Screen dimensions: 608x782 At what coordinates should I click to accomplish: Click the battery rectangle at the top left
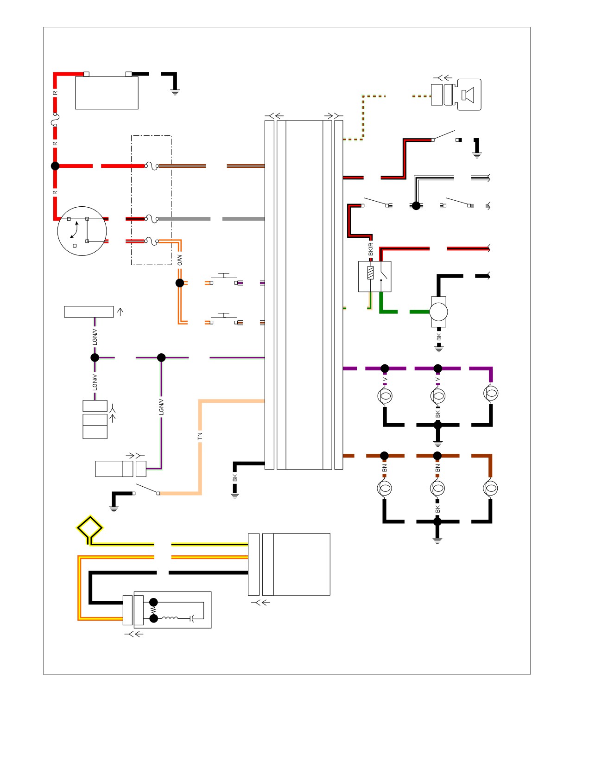pos(107,93)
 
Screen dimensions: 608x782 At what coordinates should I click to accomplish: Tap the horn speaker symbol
pos(468,95)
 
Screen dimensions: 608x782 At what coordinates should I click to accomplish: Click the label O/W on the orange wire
pos(180,260)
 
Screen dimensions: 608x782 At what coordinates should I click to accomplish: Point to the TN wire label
pos(200,436)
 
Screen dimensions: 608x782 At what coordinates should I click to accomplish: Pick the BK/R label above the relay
pos(371,249)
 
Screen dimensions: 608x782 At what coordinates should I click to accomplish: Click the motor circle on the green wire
pos(438,312)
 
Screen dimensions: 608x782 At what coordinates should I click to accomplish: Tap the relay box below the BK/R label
pos(375,277)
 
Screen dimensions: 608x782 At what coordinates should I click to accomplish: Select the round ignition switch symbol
pos(82,231)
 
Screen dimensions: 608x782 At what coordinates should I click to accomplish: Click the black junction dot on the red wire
pos(55,166)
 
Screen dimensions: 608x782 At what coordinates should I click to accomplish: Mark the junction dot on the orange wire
pos(180,283)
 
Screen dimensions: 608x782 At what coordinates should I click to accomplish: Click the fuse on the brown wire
pos(152,165)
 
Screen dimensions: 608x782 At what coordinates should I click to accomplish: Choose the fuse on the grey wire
pos(152,219)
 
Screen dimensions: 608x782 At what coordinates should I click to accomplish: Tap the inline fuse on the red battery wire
pos(55,119)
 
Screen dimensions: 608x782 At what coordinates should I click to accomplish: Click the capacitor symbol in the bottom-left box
pos(193,618)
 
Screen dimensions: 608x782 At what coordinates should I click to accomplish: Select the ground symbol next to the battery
pos(175,92)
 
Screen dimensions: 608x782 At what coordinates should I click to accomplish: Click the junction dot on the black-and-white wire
pos(416,206)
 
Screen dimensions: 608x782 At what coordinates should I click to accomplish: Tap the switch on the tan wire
pos(146,489)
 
